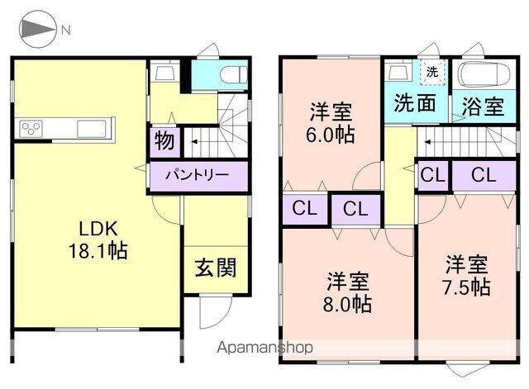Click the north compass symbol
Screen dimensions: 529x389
click(37, 30)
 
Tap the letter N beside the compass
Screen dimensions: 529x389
click(66, 31)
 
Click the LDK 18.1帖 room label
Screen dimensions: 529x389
click(98, 240)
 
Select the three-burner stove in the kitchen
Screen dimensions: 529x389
click(31, 129)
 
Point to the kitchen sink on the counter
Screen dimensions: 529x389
click(92, 129)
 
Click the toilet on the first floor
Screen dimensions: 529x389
click(234, 74)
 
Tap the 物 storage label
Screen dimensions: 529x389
click(164, 141)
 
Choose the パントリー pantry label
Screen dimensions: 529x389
click(198, 175)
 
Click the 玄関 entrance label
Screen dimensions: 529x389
click(216, 268)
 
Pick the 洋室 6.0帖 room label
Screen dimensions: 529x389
click(331, 123)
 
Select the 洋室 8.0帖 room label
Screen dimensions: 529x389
click(347, 292)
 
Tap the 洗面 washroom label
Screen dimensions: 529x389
click(415, 102)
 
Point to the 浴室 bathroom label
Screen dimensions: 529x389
click(483, 106)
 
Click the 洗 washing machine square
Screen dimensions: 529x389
click(433, 72)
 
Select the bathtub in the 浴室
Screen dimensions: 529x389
click(483, 74)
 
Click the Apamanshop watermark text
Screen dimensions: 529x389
click(264, 348)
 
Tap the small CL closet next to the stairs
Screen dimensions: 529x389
click(433, 175)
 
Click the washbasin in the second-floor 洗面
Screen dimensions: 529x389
click(399, 72)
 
